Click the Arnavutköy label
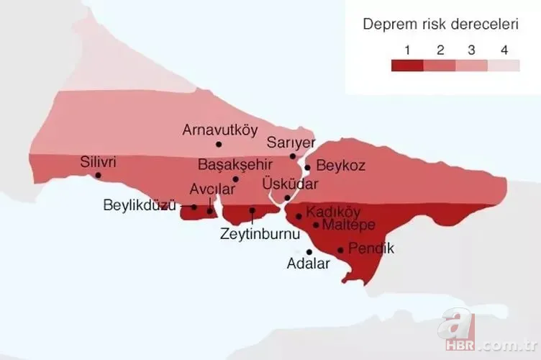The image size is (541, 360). click(x=220, y=130)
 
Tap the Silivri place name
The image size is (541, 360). click(x=99, y=162)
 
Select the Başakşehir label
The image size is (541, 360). click(x=235, y=164)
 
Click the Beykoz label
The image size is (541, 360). click(x=340, y=166)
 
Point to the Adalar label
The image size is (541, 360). click(x=308, y=264)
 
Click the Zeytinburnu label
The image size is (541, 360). click(x=252, y=234)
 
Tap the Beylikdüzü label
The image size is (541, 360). click(x=140, y=205)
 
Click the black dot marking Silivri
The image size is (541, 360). click(x=98, y=175)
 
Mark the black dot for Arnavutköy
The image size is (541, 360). click(x=209, y=144)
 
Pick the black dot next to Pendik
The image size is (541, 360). click(x=340, y=251)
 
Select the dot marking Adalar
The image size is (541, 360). click(x=309, y=252)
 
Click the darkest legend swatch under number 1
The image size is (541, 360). click(x=407, y=66)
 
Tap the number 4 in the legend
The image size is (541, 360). click(x=504, y=50)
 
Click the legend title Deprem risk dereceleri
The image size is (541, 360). click(x=440, y=24)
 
